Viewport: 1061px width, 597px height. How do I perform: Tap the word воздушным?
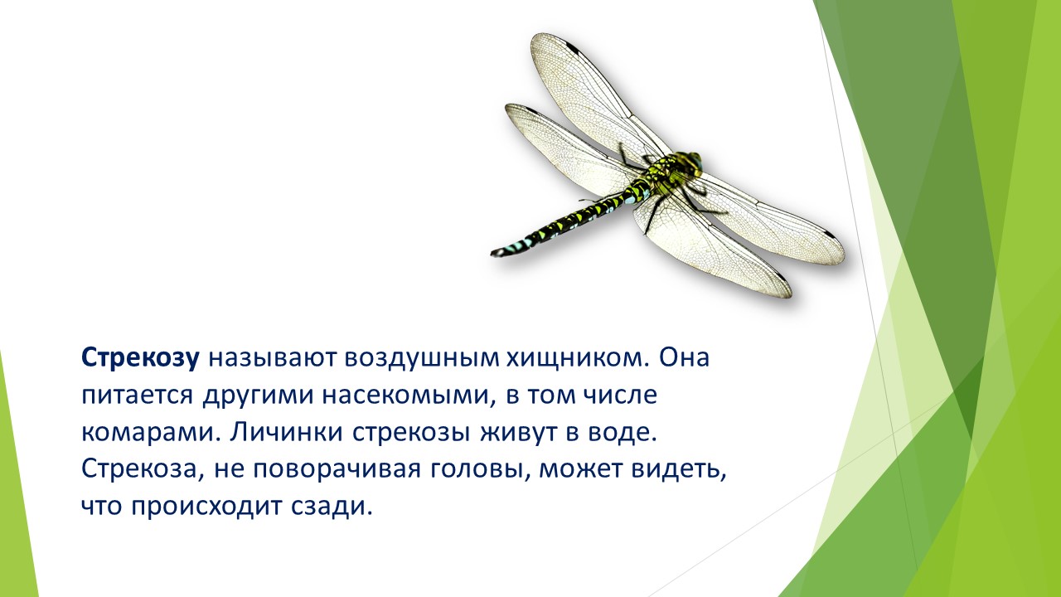422,359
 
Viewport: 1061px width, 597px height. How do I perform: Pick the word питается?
138,396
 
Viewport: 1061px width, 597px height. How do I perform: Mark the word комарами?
150,433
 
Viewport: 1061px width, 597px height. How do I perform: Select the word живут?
517,433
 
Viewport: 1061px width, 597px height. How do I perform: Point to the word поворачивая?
337,469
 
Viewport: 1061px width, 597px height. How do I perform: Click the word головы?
479,469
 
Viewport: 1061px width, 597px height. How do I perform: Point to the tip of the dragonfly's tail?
492,253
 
